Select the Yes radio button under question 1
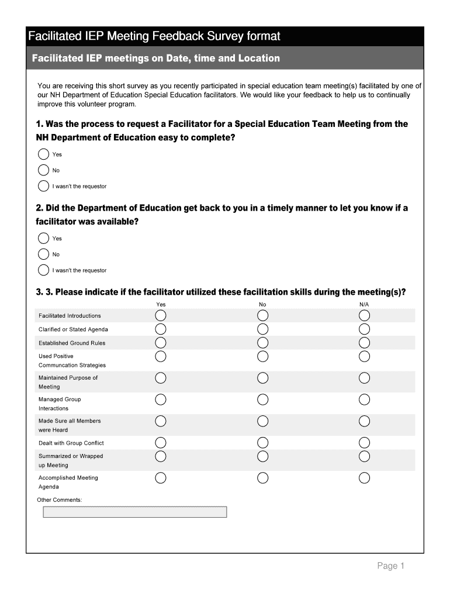[44, 154]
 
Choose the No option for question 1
[44, 170]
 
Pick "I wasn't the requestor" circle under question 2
[44, 270]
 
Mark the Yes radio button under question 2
[44, 238]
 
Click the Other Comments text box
[134, 512]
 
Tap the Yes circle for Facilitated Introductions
[161, 316]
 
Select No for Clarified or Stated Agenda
[263, 329]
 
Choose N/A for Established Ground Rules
[365, 343]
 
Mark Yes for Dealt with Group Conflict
[161, 443]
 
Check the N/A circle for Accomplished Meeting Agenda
[365, 478]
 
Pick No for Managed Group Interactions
[263, 400]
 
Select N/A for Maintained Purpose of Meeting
[365, 378]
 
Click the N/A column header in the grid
[364, 305]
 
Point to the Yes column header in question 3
[161, 305]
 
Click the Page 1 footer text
[390, 566]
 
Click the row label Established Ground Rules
[72, 343]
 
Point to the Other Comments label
[60, 500]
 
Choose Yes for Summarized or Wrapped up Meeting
[161, 456]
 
